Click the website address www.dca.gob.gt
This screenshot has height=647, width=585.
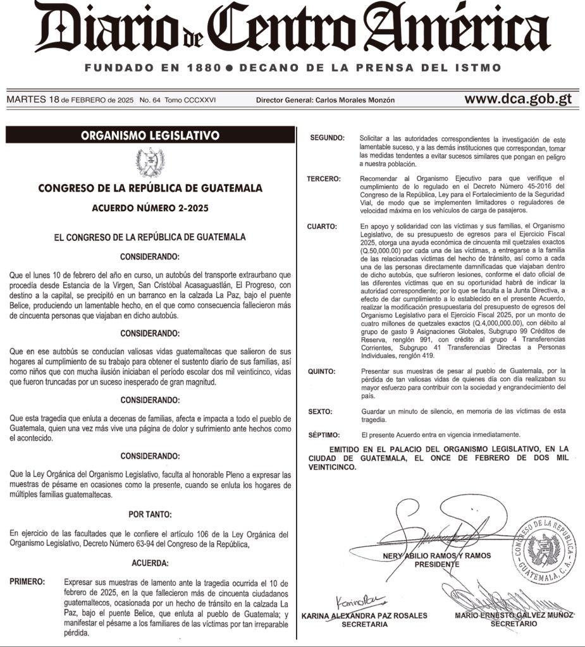point(518,99)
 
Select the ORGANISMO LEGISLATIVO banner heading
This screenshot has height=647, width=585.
point(150,135)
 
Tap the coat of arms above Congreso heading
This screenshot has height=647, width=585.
point(151,162)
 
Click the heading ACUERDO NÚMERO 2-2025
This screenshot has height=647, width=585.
point(150,208)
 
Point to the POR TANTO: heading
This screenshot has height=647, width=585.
point(150,514)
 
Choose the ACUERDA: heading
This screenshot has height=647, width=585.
point(150,562)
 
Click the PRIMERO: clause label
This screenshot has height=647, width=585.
point(28,582)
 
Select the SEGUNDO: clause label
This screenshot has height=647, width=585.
point(326,138)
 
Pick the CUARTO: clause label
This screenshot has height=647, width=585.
point(323,226)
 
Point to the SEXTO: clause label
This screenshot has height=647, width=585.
point(320,412)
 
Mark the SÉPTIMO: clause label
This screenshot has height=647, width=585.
point(324,434)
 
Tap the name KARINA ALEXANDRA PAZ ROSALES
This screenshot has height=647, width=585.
point(364,615)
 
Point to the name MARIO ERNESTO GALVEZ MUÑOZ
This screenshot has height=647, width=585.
point(514,615)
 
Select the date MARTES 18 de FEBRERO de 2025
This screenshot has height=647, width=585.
point(70,100)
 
